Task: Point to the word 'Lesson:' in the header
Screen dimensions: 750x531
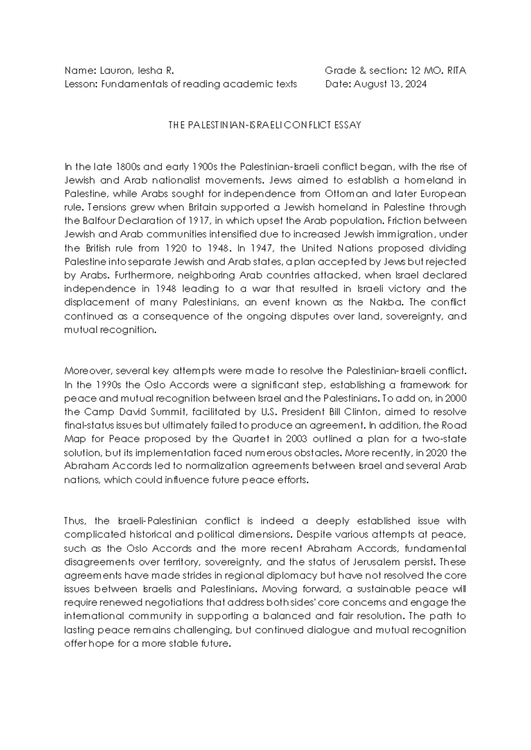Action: [81, 84]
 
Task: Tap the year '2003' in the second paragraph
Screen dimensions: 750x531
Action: [296, 439]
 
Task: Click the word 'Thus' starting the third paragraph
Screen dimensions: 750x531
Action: [72, 521]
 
